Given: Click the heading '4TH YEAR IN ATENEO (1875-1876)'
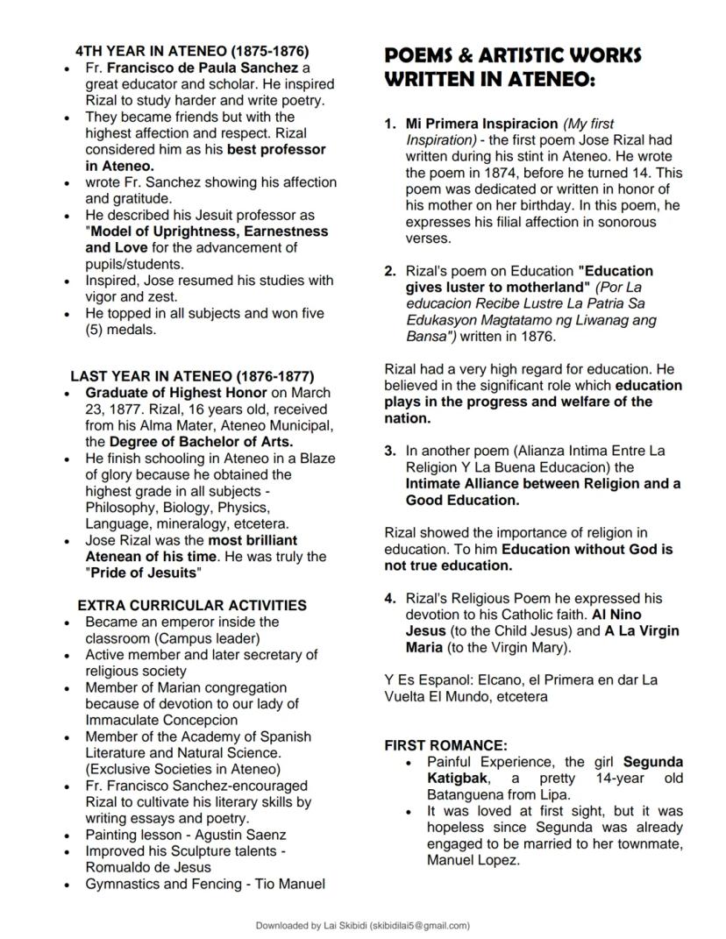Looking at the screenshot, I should click(191, 51).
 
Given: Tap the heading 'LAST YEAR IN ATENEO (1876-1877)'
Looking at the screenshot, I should click(192, 376).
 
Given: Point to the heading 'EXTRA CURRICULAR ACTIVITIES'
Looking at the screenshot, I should click(192, 605).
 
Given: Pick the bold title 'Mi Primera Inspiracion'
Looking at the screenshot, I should click(481, 124).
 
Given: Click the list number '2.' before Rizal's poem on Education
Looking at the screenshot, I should click(391, 271).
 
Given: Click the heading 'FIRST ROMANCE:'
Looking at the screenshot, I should click(446, 745).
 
